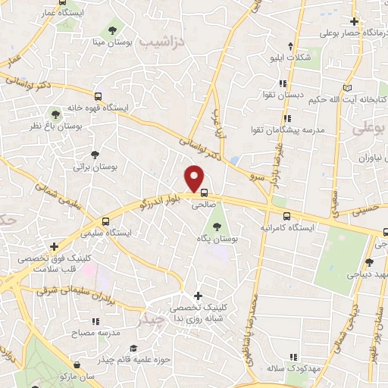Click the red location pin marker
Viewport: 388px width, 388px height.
coord(196,178)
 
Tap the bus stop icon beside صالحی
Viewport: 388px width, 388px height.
coord(205,192)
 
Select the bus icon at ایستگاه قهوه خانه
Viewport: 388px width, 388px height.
coord(98,96)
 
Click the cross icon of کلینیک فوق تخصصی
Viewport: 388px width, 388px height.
coord(54,246)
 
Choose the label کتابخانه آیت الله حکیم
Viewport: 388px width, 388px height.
coord(357,99)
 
